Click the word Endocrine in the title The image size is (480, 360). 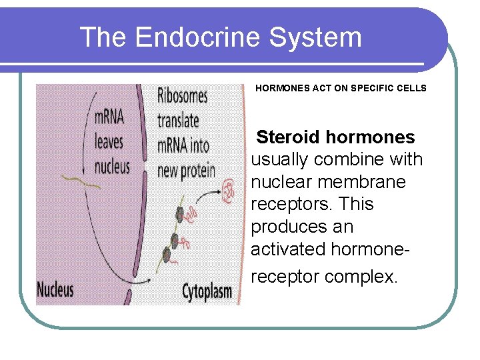tap(193, 37)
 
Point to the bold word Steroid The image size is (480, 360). tap(289, 137)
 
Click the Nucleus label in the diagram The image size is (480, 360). tap(55, 290)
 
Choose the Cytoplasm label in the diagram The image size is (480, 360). tap(207, 291)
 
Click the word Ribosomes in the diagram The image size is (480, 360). tap(183, 96)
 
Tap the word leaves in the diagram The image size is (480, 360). tap(109, 142)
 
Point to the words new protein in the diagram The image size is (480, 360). tap(187, 170)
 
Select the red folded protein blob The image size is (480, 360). tap(229, 191)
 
